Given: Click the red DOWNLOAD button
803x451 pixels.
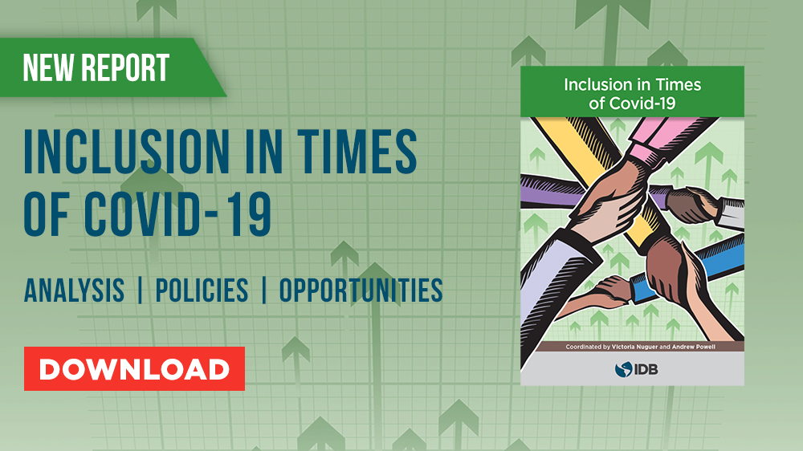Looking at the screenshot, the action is click(x=134, y=368).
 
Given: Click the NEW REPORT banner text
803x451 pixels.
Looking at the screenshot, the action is click(x=96, y=67).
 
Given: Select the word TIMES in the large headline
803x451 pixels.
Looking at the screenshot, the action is click(x=357, y=152).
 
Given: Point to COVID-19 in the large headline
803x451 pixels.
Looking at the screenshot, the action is click(x=177, y=214).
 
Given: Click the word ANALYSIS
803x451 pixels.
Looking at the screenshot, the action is click(x=74, y=291).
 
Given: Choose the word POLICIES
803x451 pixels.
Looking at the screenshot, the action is click(x=202, y=291).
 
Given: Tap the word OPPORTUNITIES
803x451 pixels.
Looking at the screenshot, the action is click(x=361, y=291).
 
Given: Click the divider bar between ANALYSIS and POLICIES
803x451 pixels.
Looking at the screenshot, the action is click(x=140, y=291).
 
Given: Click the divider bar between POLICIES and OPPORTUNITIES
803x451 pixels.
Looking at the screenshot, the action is click(x=263, y=291).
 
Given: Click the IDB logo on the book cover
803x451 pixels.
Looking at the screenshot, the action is click(x=636, y=369).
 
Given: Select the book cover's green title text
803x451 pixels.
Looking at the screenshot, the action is click(x=633, y=94).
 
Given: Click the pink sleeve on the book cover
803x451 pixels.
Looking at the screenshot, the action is click(x=671, y=134).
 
